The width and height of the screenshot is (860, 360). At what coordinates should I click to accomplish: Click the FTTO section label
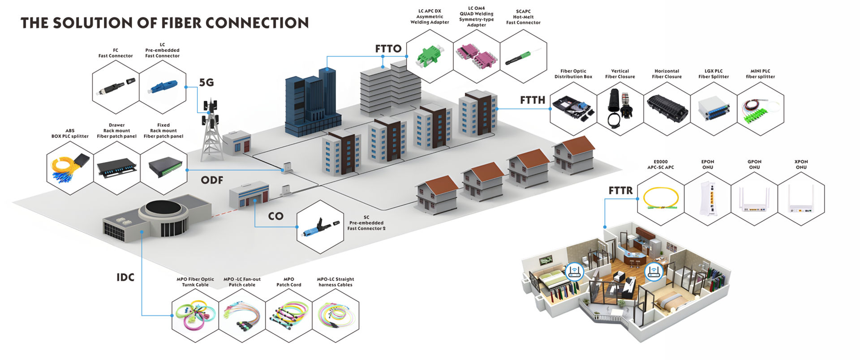pyautogui.click(x=388, y=49)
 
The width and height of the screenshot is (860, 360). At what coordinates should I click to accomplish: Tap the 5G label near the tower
pyautogui.click(x=206, y=82)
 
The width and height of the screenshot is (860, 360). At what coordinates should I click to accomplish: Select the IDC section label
pyautogui.click(x=125, y=278)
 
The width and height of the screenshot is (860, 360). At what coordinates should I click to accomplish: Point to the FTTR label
pyautogui.click(x=620, y=191)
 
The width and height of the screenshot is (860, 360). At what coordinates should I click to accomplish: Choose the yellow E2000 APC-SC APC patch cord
pyautogui.click(x=661, y=198)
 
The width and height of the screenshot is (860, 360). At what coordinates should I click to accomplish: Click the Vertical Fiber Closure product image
pyautogui.click(x=620, y=107)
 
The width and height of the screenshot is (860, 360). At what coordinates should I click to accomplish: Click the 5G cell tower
pyautogui.click(x=211, y=130)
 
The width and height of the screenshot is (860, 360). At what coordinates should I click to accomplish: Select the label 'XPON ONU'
pyautogui.click(x=801, y=165)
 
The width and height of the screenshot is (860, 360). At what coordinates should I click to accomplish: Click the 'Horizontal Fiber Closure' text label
pyautogui.click(x=666, y=74)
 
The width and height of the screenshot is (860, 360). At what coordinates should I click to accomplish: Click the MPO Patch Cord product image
pyautogui.click(x=288, y=315)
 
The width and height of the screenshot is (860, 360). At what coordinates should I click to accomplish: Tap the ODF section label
pyautogui.click(x=212, y=180)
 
